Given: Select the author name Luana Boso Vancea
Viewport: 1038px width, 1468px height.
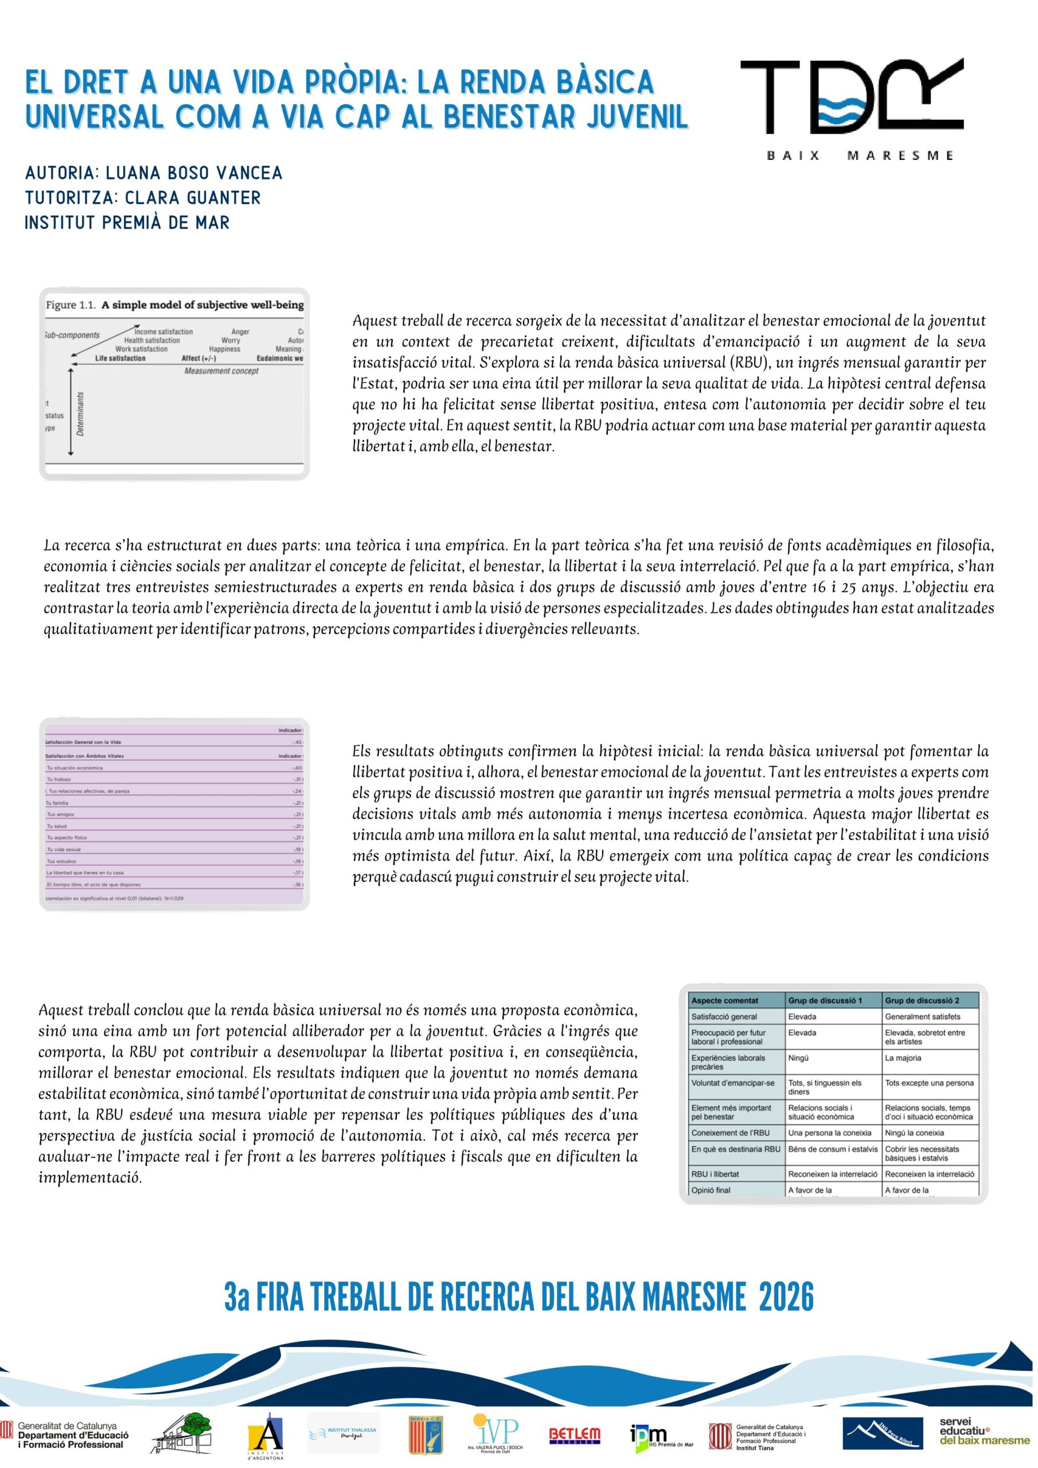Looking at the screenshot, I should pos(194,173).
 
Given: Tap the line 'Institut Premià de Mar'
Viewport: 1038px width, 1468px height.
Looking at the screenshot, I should pos(127,222).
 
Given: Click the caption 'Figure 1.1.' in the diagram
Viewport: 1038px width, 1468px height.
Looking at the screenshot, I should pos(71,305).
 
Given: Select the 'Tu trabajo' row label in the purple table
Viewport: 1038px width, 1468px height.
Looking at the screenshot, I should pos(60,779).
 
